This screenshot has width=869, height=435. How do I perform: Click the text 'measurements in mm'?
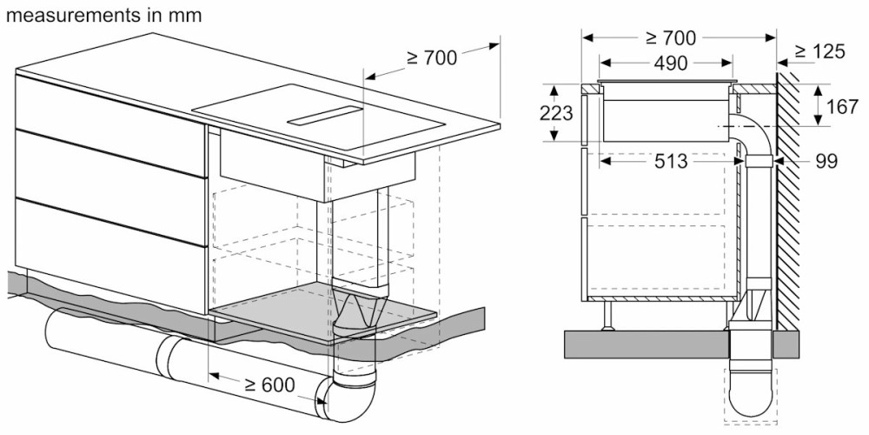point(103,15)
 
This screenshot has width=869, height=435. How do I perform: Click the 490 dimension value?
point(670,64)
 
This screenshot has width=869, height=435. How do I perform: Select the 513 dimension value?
point(671,162)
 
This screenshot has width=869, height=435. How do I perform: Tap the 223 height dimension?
point(556,112)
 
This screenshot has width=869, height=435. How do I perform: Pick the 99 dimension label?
point(826,162)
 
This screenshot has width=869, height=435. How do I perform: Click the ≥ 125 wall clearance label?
point(819,51)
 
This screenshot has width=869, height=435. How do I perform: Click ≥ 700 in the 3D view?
point(432,57)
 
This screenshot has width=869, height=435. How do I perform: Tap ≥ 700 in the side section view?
point(670,37)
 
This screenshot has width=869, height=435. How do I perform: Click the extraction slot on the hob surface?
point(325,115)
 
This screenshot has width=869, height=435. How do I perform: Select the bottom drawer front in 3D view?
point(111,255)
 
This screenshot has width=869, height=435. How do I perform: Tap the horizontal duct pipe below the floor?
point(182,360)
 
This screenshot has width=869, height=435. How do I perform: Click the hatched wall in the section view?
point(787,201)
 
